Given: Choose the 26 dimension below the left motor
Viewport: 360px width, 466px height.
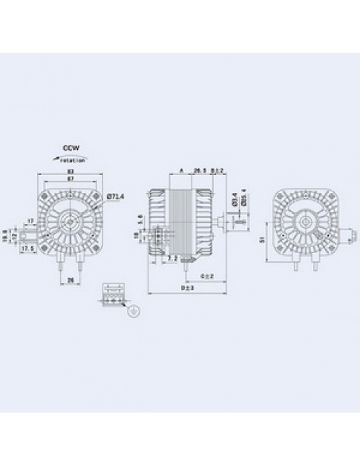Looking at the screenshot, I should [x=71, y=280].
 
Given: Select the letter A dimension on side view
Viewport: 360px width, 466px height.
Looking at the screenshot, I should [x=182, y=170].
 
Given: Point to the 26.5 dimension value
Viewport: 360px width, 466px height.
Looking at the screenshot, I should [x=199, y=170].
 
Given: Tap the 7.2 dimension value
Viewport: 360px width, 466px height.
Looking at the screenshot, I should [x=171, y=259].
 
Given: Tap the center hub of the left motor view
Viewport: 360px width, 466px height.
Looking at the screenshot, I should [x=72, y=220].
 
